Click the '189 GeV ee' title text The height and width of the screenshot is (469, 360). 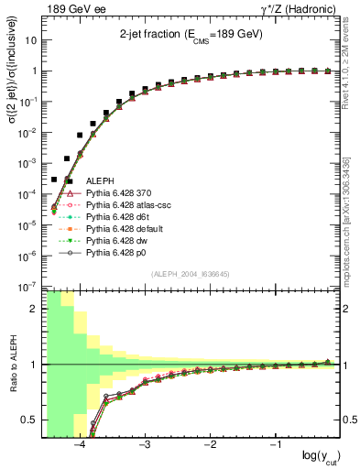tap(73, 9)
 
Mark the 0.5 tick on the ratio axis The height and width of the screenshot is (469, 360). tap(33, 420)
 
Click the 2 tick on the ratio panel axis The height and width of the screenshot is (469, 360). tap(37, 309)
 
